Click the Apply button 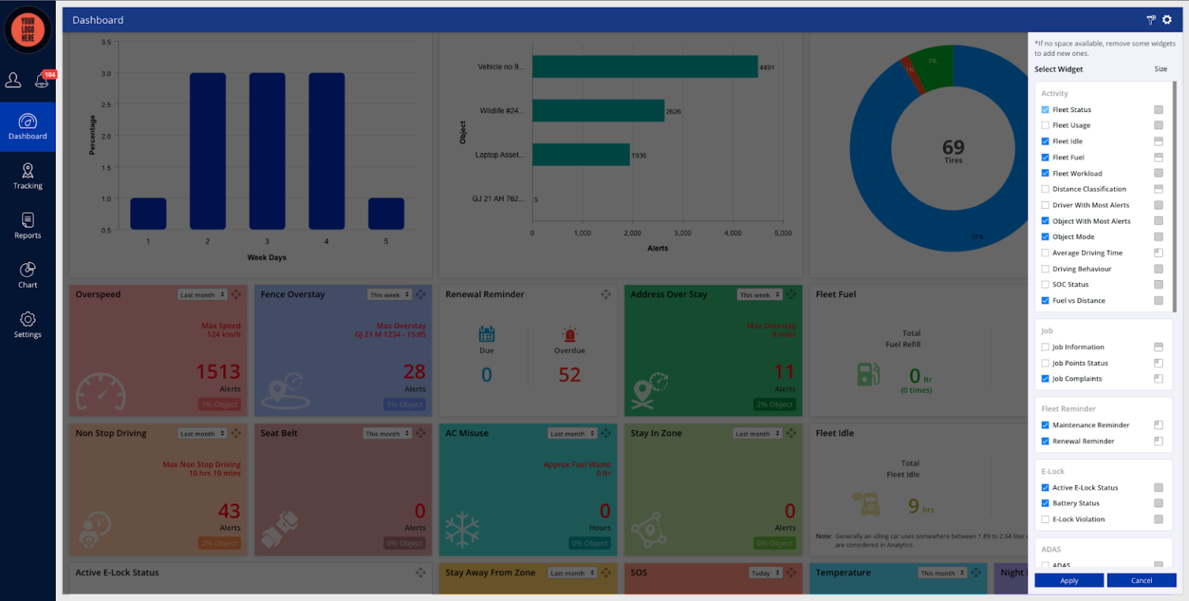[x=1068, y=580]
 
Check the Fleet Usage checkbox [x=1046, y=125]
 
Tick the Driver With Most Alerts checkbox [x=1046, y=205]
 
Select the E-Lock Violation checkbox [x=1046, y=519]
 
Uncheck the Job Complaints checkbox [x=1046, y=379]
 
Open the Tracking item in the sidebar [x=28, y=176]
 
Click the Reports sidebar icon [x=28, y=226]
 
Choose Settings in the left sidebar [x=28, y=325]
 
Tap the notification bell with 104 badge [x=42, y=80]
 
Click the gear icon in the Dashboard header [x=1167, y=20]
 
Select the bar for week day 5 [x=385, y=213]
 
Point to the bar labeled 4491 [x=644, y=67]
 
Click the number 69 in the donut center [x=953, y=146]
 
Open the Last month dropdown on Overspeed [x=202, y=295]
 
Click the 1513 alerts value [x=218, y=372]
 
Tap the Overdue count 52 [x=570, y=375]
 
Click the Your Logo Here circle [x=28, y=29]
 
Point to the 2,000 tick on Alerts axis [x=632, y=233]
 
